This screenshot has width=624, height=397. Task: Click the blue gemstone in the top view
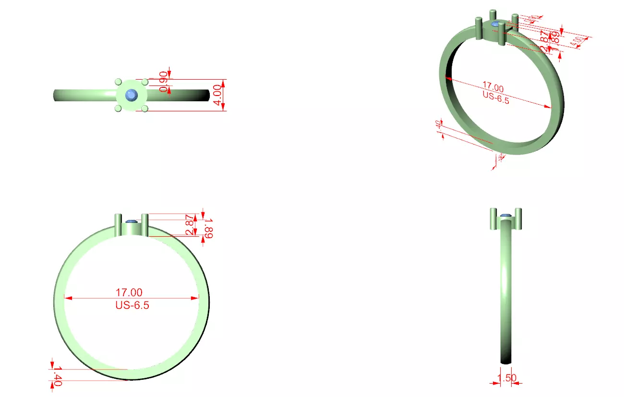tap(132, 96)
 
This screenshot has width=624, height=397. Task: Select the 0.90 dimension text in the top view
tap(163, 82)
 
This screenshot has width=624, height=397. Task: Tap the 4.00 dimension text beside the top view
tap(217, 95)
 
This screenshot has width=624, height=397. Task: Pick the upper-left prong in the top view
tap(118, 83)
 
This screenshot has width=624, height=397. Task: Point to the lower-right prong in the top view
tap(144, 109)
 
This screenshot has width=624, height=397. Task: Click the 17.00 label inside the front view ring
tap(129, 292)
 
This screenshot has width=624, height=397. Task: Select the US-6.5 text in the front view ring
tap(132, 305)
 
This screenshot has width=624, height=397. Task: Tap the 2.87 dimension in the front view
tap(190, 225)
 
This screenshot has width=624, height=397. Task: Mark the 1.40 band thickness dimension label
tap(57, 375)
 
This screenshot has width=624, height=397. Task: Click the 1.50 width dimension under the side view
tap(507, 378)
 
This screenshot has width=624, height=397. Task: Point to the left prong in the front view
tap(119, 225)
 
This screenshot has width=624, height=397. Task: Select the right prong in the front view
tap(144, 225)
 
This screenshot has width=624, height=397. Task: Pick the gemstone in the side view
tap(505, 216)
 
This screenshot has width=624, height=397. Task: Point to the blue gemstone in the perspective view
tap(495, 24)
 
